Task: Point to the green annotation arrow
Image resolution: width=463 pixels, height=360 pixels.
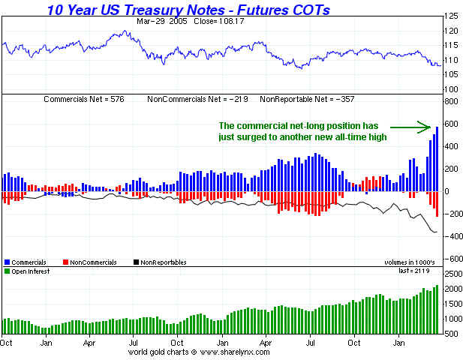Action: [417, 125]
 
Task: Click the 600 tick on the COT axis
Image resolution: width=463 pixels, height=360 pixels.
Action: [450, 124]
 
